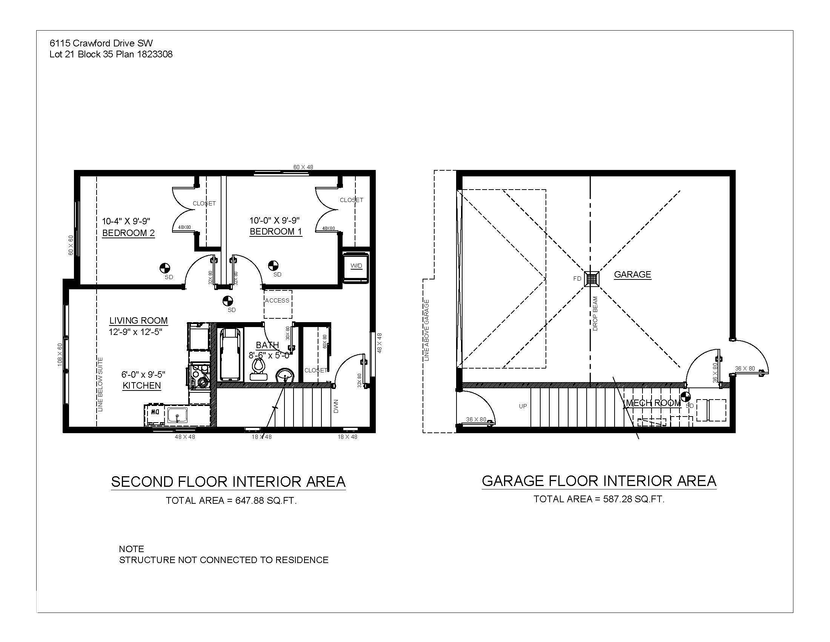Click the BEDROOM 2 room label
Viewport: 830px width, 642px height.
click(128, 233)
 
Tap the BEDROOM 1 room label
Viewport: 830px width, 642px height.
click(275, 231)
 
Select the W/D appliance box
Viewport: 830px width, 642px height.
click(356, 266)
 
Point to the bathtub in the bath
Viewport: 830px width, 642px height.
click(230, 355)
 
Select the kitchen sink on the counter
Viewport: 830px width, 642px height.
click(177, 415)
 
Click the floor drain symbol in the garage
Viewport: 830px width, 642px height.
click(592, 279)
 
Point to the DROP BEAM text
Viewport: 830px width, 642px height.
click(595, 314)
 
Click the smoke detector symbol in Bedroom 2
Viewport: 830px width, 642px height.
click(165, 269)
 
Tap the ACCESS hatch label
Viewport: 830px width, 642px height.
click(277, 301)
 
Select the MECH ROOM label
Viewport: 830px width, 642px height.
click(653, 403)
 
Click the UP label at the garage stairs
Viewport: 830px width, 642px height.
click(523, 406)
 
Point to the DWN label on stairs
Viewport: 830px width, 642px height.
click(336, 406)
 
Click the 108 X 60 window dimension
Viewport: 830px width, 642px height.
click(60, 355)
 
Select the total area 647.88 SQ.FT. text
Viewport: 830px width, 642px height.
click(231, 500)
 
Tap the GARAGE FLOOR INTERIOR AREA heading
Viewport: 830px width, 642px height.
click(599, 481)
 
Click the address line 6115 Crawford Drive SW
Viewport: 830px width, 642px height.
click(101, 43)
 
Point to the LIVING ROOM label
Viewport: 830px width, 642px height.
click(138, 321)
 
